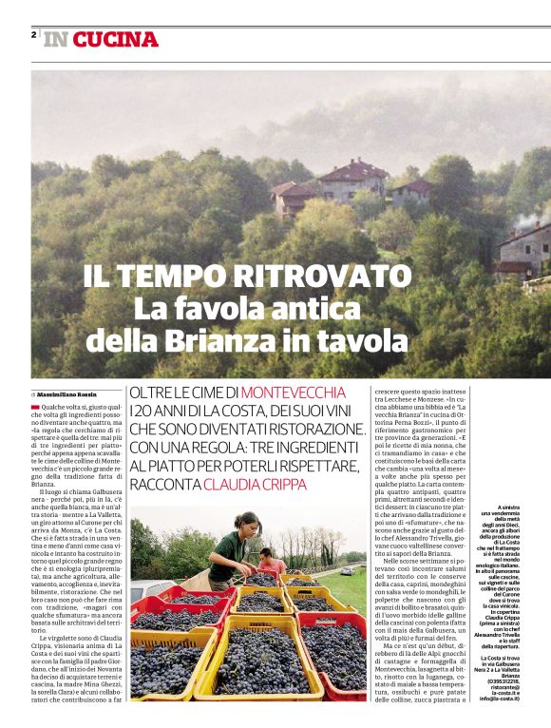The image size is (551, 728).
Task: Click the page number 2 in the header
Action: coord(34,34)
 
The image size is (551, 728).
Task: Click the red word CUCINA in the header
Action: coord(115,39)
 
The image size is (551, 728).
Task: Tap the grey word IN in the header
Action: coord(55,39)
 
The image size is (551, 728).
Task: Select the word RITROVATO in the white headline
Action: coord(315,277)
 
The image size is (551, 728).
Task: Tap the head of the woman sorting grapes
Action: coord(250,524)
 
